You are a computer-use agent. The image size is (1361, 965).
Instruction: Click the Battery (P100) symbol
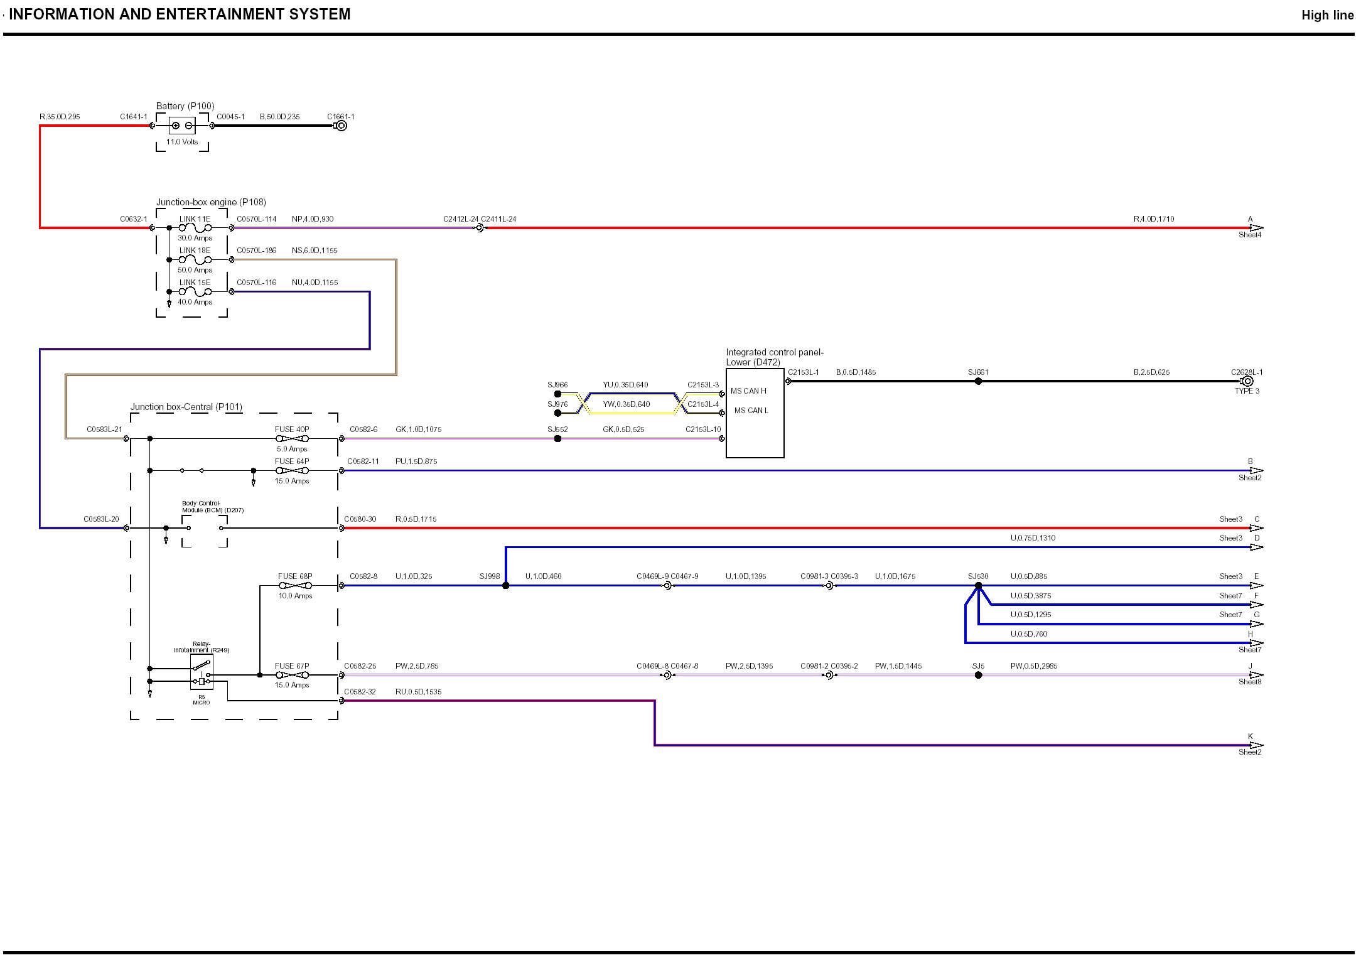182,126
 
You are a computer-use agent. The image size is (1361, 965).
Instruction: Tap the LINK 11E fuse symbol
195,228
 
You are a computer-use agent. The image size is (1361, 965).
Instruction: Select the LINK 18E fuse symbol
195,259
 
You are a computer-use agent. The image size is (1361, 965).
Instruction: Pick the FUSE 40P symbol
292,439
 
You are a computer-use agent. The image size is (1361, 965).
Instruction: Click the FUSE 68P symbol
295,586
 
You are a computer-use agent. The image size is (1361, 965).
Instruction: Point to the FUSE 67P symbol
292,675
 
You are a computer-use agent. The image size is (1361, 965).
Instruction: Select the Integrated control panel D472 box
755,413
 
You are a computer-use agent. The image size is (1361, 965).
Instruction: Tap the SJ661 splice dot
978,381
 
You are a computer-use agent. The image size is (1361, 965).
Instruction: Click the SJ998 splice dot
506,586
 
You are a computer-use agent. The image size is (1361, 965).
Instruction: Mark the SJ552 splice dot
557,439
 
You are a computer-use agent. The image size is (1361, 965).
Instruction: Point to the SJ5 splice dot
978,675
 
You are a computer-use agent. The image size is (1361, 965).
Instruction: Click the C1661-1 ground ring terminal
342,126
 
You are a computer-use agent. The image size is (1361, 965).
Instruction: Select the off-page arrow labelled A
1256,228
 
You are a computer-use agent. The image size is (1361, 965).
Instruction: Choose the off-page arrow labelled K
1256,745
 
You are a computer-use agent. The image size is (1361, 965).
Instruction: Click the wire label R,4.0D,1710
1153,219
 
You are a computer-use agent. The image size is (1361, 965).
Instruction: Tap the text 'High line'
1327,16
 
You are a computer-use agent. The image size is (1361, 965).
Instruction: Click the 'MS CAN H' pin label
748,391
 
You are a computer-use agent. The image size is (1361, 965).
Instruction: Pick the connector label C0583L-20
101,519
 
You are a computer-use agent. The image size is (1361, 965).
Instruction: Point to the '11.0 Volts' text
182,142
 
